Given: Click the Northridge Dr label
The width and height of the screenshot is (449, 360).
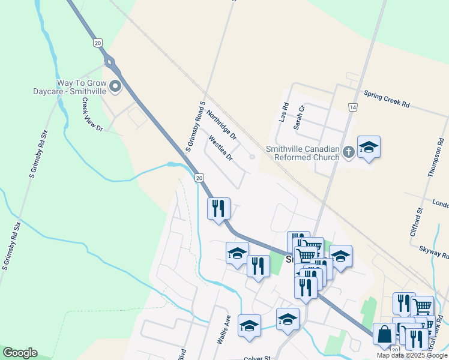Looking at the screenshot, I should tap(221, 124).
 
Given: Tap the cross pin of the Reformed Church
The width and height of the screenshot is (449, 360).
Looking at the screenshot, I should tap(349, 153).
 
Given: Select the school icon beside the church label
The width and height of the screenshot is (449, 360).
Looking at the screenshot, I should tap(369, 148).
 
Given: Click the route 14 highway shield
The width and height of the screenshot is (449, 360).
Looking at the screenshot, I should tap(352, 107).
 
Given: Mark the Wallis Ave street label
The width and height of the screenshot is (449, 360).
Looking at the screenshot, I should tap(223, 329).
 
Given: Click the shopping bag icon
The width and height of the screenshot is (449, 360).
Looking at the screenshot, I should tap(384, 334).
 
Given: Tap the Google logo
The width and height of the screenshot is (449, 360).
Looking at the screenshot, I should tap(20, 353).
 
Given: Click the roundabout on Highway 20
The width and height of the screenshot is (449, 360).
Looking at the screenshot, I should tap(109, 61).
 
